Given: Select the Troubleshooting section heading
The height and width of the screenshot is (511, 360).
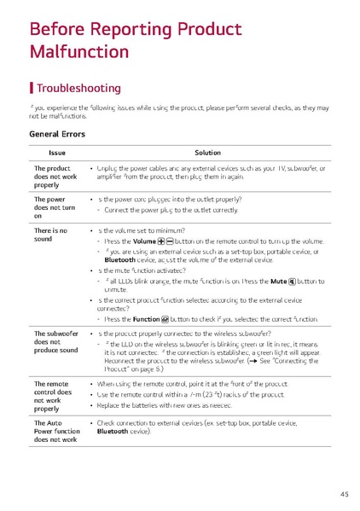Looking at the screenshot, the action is [x=78, y=88].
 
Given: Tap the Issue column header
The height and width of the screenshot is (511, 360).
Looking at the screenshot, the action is [x=56, y=153].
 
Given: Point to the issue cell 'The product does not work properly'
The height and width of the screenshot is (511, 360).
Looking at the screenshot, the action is [x=52, y=177].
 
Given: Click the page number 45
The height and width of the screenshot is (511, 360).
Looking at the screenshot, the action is [x=344, y=494].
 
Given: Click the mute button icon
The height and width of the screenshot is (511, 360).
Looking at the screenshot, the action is [x=292, y=281].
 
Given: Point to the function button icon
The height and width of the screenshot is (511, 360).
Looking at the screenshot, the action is [x=171, y=318].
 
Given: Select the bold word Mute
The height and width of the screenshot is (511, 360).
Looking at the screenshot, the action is [x=276, y=281].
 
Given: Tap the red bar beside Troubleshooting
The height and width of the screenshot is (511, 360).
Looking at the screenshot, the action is [x=32, y=88].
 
